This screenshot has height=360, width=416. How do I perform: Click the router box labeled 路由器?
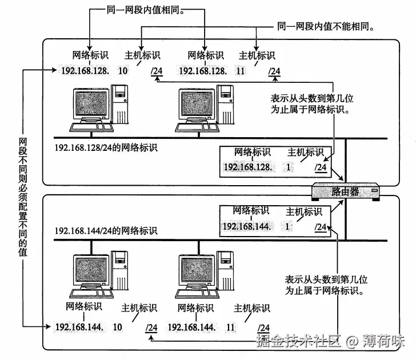point(345,191)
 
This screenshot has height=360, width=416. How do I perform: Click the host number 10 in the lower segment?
point(118,327)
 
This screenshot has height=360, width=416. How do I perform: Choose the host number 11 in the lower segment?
point(231,327)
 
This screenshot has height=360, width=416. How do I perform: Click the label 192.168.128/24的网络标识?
point(106,147)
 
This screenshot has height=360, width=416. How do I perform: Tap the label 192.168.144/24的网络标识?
point(106,231)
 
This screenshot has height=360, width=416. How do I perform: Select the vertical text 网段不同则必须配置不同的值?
point(23,197)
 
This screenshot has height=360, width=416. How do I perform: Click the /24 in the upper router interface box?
point(321,167)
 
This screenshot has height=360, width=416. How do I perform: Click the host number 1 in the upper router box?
point(289,167)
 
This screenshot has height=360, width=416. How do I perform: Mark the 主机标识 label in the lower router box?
point(304,211)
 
